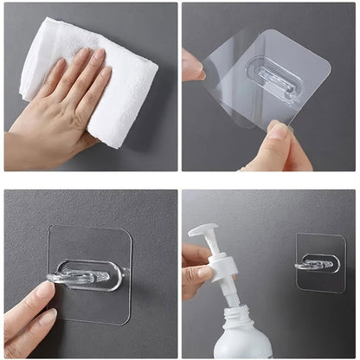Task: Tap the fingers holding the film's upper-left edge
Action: click(192, 66)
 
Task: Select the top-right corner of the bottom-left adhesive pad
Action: click(128, 232)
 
